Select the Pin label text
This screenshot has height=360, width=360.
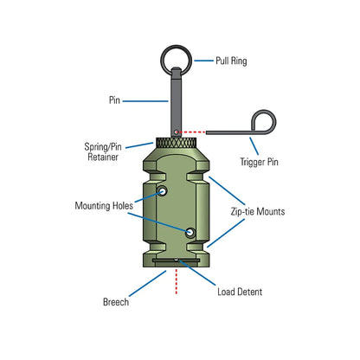tap(114, 100)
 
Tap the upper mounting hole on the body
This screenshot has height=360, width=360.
tap(162, 190)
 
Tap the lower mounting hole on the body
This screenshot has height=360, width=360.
tap(190, 231)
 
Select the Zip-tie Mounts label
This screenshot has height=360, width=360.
tap(259, 210)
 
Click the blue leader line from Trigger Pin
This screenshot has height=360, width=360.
tap(250, 145)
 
